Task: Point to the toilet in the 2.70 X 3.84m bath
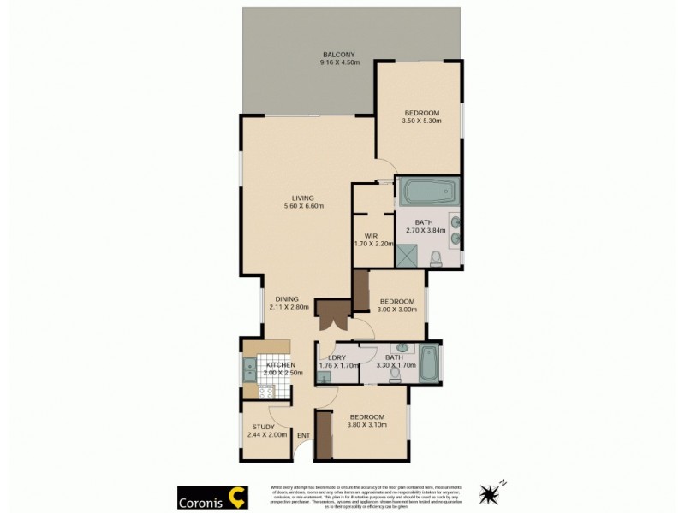pos(435,257)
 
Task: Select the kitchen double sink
pos(250,369)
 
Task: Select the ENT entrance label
pos(303,436)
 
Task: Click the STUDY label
pos(263,427)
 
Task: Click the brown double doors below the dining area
pos(330,315)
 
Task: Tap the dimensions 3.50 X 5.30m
pos(421,121)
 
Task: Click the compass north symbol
pos(492,492)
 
